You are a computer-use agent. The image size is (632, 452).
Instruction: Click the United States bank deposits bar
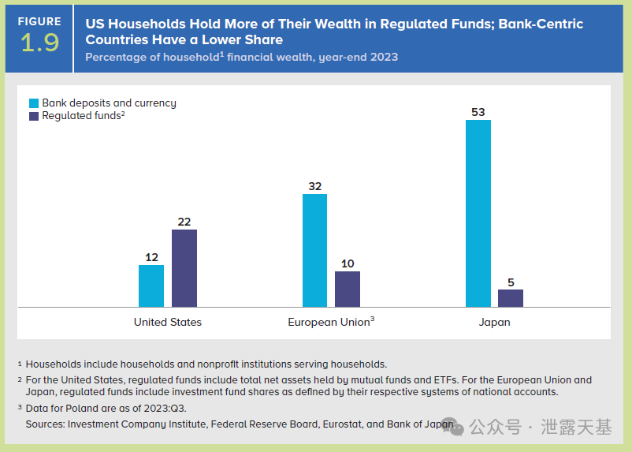click(x=151, y=286)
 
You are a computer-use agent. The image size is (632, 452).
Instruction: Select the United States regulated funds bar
click(x=184, y=268)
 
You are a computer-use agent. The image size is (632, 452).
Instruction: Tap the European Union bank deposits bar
click(x=314, y=250)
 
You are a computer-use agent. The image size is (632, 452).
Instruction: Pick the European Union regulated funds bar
click(x=348, y=289)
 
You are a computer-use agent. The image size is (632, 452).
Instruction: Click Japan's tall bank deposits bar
click(x=478, y=213)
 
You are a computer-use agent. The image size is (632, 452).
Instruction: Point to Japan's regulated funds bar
click(x=511, y=298)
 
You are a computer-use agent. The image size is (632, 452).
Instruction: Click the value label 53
click(x=478, y=112)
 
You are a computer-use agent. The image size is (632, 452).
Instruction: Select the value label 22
click(x=184, y=222)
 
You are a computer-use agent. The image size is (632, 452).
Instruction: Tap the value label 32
click(x=314, y=186)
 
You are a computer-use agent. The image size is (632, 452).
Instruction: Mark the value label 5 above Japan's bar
click(x=511, y=282)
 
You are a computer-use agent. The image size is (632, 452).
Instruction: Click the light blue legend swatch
click(x=34, y=103)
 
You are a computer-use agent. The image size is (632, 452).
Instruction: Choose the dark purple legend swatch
click(x=34, y=116)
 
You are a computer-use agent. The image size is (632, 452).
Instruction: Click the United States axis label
click(x=168, y=322)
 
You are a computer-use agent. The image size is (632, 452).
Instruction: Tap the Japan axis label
click(x=495, y=322)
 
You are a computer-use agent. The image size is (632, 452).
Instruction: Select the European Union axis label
click(x=330, y=322)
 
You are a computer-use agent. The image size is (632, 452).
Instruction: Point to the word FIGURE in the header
click(x=39, y=21)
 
